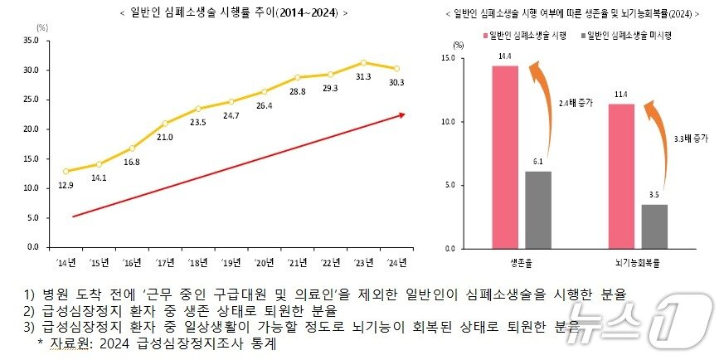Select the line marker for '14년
(x=66, y=171)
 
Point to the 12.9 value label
(x=66, y=184)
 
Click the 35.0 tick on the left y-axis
(x=32, y=40)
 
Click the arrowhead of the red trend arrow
(x=401, y=114)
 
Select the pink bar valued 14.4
(x=504, y=157)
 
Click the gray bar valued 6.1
(x=537, y=209)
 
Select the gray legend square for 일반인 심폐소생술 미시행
(x=585, y=35)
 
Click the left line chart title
(x=234, y=12)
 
